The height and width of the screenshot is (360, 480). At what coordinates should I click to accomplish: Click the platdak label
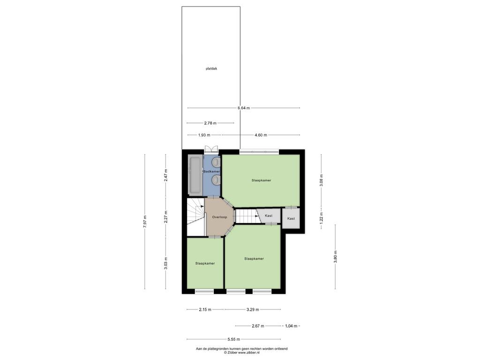(x=211, y=69)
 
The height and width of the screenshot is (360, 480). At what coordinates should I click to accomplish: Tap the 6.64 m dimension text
(x=244, y=108)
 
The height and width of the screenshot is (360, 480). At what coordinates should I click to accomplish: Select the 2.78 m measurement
(x=210, y=123)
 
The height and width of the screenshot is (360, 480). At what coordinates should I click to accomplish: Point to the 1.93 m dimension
(x=204, y=135)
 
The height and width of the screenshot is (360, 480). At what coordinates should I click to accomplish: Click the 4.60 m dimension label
(x=261, y=135)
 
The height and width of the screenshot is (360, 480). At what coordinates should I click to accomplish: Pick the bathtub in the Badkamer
(x=195, y=175)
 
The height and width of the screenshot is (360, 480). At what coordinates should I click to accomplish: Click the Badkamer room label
(x=211, y=172)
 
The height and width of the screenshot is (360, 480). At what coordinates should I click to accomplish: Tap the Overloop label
(x=219, y=217)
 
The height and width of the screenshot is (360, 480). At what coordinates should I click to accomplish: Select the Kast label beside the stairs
(x=269, y=216)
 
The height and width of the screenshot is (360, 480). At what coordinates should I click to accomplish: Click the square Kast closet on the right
(x=291, y=218)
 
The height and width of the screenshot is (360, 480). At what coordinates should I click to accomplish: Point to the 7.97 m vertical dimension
(x=145, y=221)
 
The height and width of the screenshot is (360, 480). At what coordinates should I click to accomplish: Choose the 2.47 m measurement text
(x=165, y=176)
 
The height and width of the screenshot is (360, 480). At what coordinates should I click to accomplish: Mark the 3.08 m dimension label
(x=321, y=180)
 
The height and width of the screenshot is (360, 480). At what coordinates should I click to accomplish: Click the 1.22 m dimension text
(x=321, y=218)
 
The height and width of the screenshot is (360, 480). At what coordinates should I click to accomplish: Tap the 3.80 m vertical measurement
(x=335, y=256)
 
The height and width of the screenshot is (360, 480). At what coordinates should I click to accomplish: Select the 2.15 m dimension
(x=205, y=309)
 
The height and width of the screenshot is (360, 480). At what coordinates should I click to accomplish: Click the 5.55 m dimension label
(x=234, y=339)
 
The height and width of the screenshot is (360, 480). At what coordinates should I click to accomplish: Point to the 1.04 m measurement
(x=291, y=326)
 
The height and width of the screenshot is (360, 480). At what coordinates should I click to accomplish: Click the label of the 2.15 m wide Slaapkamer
(x=205, y=263)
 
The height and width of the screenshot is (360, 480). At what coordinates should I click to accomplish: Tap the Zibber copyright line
(x=241, y=352)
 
